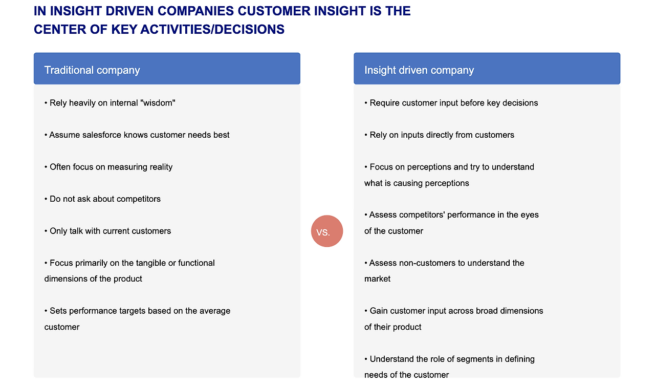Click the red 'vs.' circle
(x=327, y=231)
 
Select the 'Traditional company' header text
(x=92, y=70)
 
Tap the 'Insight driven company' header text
(x=419, y=70)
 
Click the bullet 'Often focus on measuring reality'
(x=108, y=167)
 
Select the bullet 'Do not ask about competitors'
(x=103, y=199)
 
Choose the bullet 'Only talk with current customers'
(x=107, y=231)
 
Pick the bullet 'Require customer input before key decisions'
(x=451, y=103)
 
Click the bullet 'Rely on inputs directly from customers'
(x=439, y=135)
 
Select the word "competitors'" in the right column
(x=422, y=215)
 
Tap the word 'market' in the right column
(x=377, y=278)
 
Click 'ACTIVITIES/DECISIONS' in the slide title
(x=212, y=29)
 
